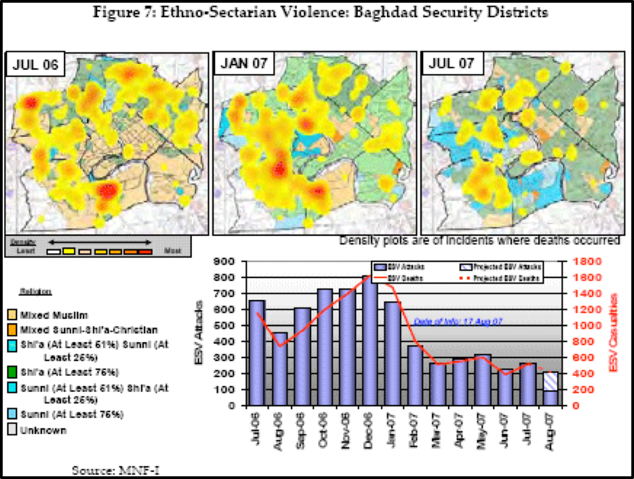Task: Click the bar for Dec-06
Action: click(x=370, y=341)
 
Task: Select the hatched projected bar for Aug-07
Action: click(x=551, y=381)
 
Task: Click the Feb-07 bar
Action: click(x=415, y=376)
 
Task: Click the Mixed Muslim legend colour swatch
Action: click(x=12, y=314)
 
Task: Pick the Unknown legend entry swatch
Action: click(x=12, y=431)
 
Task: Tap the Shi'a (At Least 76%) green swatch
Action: click(x=12, y=372)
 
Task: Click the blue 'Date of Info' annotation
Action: click(x=454, y=321)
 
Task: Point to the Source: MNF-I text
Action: click(x=116, y=470)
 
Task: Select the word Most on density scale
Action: click(x=172, y=251)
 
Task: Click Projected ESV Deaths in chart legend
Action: click(x=507, y=278)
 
